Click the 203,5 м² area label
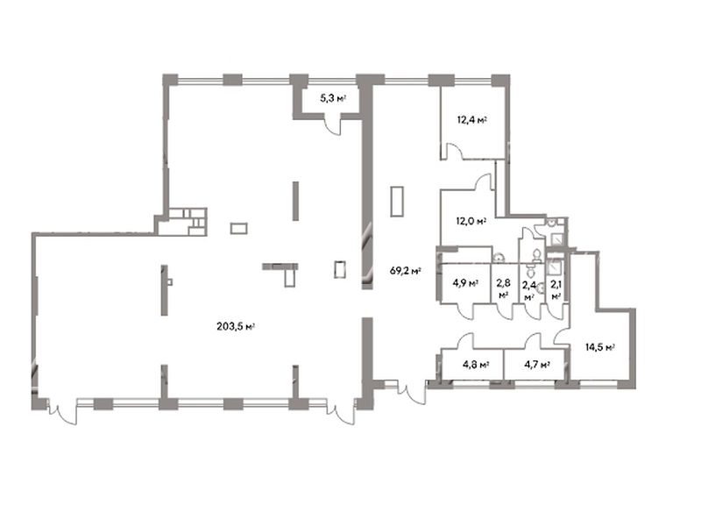235,326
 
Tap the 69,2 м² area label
406,271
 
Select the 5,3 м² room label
334,98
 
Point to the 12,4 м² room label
471,120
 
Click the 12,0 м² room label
471,221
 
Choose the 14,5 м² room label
600,346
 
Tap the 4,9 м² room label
465,283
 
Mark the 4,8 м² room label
476,365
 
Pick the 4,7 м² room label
536,365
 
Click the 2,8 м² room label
504,288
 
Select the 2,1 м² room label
556,288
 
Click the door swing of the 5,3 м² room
333,126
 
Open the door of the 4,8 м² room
466,340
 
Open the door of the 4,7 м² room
534,340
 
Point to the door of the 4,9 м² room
466,312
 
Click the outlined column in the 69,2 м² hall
397,202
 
